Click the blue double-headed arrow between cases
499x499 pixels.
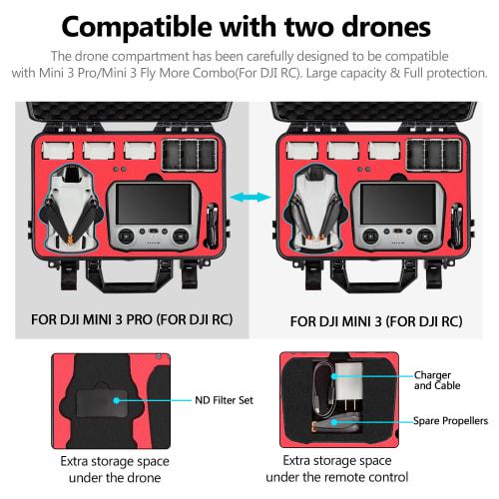249,200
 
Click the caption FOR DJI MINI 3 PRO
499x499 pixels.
111,321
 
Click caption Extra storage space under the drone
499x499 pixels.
114,468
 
